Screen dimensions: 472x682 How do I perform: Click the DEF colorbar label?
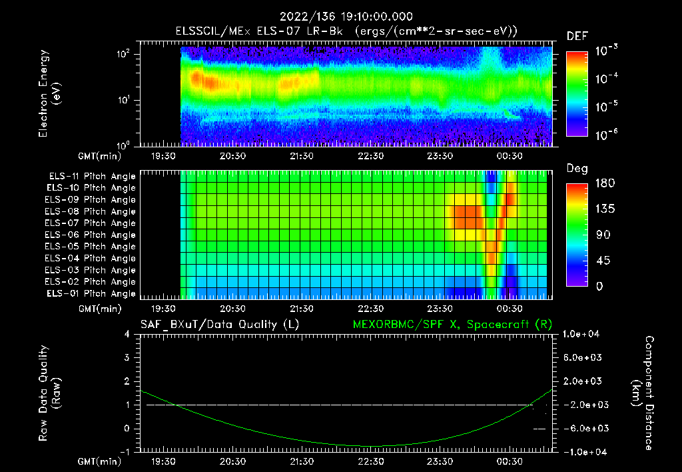point(577,36)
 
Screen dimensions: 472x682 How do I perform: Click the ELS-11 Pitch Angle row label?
point(92,177)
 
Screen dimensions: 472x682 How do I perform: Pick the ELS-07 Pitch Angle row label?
point(92,223)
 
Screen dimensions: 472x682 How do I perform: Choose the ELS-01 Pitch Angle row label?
point(92,293)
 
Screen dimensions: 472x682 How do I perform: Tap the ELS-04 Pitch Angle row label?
point(92,259)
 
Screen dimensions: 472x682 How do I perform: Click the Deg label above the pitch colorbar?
point(577,169)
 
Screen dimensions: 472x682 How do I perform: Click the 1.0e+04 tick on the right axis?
point(583,334)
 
